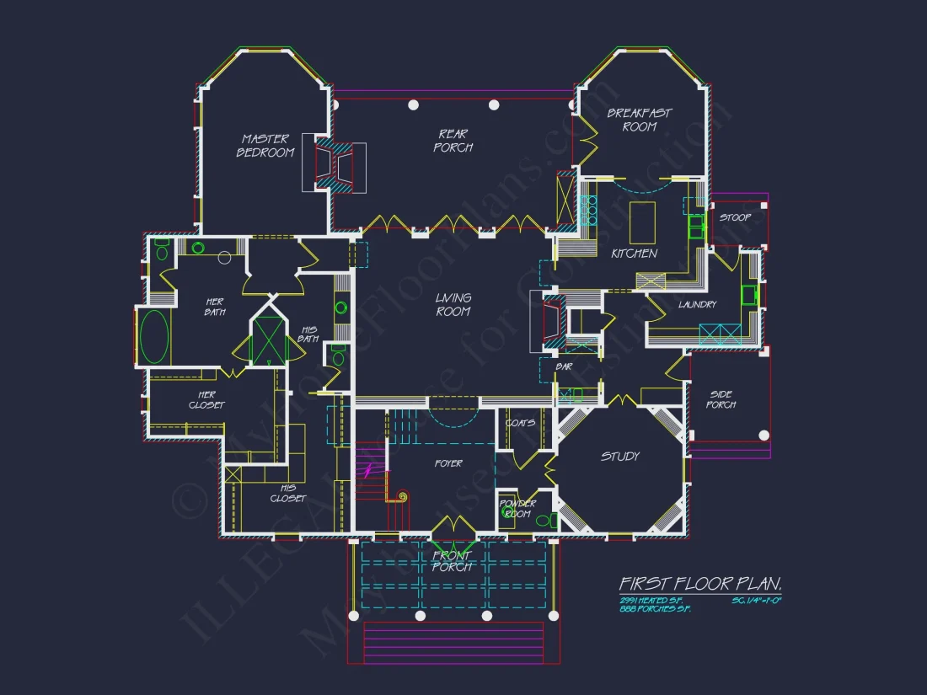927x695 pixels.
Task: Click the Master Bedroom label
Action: coord(265,146)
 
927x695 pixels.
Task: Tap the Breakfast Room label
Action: coord(640,120)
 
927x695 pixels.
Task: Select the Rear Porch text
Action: coord(453,141)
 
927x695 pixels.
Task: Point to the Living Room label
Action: coord(453,304)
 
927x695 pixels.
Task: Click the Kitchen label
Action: coord(634,254)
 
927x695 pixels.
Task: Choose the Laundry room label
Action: coord(697,304)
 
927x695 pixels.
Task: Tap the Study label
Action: coord(619,457)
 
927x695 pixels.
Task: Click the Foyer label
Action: coord(448,463)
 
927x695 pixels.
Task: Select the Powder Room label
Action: coord(517,509)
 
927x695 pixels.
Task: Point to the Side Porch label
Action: coord(721,399)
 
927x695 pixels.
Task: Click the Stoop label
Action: coord(735,217)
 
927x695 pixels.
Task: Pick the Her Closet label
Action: coord(206,399)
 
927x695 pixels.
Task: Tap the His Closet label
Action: coord(287,493)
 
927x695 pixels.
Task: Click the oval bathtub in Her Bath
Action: coord(154,338)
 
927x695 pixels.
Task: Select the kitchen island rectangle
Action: coord(642,222)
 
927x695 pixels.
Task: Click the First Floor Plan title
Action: coord(700,584)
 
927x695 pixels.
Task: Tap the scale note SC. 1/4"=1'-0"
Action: coord(757,600)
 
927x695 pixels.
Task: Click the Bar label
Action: coord(563,367)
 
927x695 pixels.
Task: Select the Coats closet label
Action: coord(520,423)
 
